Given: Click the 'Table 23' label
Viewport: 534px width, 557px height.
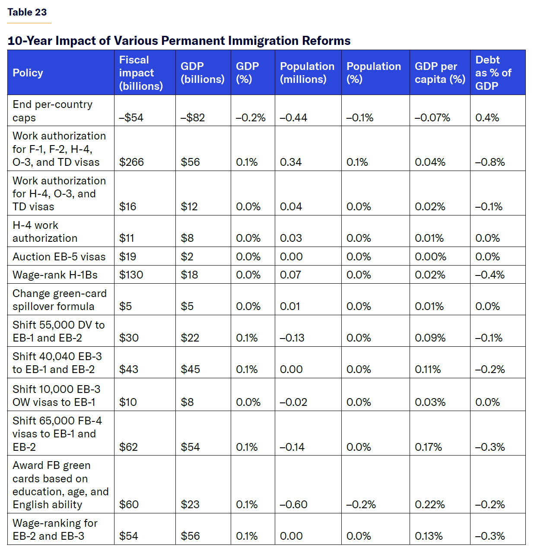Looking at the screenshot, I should tap(27, 12).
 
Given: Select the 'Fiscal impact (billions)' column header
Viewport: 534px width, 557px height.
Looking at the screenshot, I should tap(141, 73).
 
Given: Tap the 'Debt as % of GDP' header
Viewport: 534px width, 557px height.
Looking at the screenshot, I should tap(493, 73).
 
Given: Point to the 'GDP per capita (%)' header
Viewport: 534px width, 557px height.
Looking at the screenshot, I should tap(439, 73).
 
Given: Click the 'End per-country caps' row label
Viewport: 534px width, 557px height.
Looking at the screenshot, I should tap(52, 111).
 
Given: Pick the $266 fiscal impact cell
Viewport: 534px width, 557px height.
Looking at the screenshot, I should tap(131, 162).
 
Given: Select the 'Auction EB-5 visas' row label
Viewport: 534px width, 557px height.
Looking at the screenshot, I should tap(59, 256).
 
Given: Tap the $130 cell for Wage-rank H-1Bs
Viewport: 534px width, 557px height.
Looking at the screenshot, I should tap(131, 275).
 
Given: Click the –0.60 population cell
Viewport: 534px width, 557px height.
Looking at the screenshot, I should tap(293, 504).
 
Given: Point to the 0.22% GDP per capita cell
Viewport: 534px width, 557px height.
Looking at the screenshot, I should tap(429, 504).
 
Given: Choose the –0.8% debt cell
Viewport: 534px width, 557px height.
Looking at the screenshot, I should tap(490, 162).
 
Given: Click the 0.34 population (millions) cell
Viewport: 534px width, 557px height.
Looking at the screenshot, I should tap(291, 162).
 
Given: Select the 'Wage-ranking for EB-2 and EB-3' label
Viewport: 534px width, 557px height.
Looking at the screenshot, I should tap(55, 529).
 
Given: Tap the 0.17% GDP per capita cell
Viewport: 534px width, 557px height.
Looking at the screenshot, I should tap(428, 447).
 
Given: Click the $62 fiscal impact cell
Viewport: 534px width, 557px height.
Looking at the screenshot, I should tap(128, 447).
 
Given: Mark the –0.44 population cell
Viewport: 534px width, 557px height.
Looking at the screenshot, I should tap(293, 117).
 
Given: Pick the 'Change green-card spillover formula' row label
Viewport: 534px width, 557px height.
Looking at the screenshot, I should tap(59, 300).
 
